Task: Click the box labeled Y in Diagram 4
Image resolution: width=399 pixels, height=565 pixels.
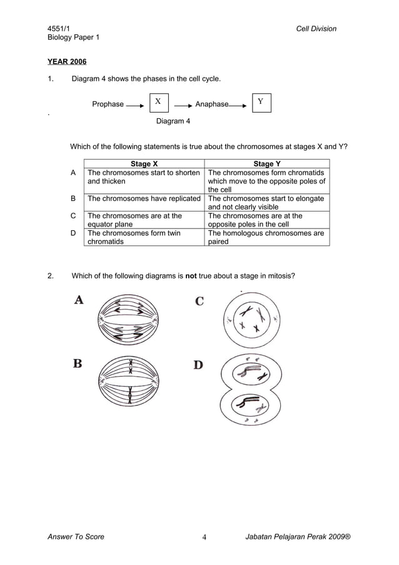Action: pyautogui.click(x=261, y=102)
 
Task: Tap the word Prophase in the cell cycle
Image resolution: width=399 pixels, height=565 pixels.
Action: pyautogui.click(x=108, y=104)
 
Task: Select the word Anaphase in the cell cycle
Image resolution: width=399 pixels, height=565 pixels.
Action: pyautogui.click(x=212, y=104)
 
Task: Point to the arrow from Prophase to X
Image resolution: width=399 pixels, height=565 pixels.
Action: pyautogui.click(x=135, y=106)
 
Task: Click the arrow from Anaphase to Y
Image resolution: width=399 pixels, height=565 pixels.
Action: pyautogui.click(x=238, y=106)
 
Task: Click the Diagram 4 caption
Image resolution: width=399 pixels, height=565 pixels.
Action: pyautogui.click(x=173, y=121)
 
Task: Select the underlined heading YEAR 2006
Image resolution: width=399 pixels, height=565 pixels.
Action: pyautogui.click(x=67, y=62)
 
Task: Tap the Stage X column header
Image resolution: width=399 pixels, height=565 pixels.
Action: pyautogui.click(x=144, y=164)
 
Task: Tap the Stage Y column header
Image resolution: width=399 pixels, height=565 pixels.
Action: pyautogui.click(x=267, y=164)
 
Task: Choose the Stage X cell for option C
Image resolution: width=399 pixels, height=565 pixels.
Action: pyautogui.click(x=134, y=220)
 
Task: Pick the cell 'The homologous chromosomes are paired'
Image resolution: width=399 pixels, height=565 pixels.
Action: pyautogui.click(x=266, y=237)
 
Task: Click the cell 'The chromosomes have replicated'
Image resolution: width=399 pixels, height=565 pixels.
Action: pyautogui.click(x=144, y=198)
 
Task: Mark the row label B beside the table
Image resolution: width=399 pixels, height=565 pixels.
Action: pyautogui.click(x=73, y=198)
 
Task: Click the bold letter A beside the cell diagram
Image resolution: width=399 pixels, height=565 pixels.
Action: pyautogui.click(x=79, y=300)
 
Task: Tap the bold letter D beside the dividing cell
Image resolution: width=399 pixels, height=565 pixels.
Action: pyautogui.click(x=198, y=364)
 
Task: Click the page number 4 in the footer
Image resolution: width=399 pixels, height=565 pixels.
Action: pyautogui.click(x=204, y=537)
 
